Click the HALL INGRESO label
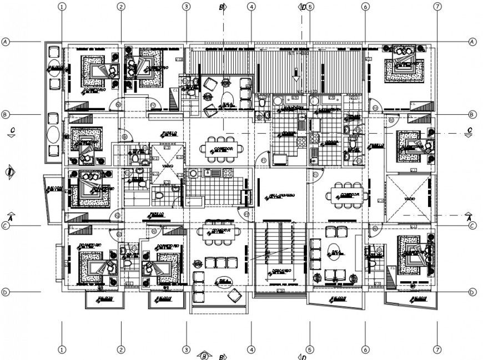(281, 196)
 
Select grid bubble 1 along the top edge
(61, 7)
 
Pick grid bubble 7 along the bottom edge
(438, 350)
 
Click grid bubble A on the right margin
(472, 42)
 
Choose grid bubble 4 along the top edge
(251, 7)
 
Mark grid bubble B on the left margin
(6, 115)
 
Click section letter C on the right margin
(470, 130)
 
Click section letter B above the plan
(221, 7)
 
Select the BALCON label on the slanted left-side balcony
(53, 188)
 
